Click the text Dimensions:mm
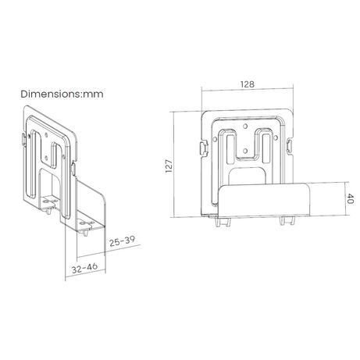pos(62,94)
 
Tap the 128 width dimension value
pos(247,84)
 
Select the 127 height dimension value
pos(169,166)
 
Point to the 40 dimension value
pos(351,198)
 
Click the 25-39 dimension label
pos(122,241)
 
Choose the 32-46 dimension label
pos(84,268)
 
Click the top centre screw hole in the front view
pos(245,127)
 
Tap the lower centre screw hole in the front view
pos(245,151)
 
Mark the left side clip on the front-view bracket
pos(204,148)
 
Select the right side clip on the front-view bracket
pos(290,146)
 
